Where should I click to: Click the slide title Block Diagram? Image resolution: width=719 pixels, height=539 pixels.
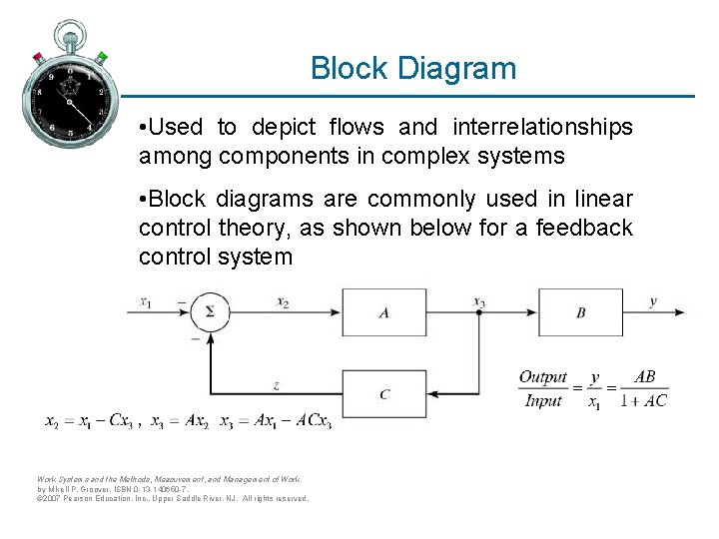point(413,69)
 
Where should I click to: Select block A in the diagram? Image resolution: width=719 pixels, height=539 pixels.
point(383,312)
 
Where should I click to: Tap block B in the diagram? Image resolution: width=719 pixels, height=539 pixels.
point(580,312)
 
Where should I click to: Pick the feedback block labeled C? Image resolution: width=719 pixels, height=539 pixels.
point(383,394)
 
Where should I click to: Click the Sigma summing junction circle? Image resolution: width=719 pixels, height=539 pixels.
point(210,311)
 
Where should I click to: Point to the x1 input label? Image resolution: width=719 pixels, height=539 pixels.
point(146,301)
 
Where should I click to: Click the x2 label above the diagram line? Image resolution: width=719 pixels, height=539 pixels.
point(284,301)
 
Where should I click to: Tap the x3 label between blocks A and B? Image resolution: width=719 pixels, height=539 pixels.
point(480,301)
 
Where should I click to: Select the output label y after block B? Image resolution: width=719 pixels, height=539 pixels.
point(653,300)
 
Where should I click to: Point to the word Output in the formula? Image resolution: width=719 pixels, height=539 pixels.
point(543,377)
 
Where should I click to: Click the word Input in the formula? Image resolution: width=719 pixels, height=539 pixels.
point(543,401)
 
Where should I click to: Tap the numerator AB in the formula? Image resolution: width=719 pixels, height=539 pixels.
point(645,377)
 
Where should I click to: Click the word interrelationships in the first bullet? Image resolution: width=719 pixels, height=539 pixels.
point(542,128)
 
